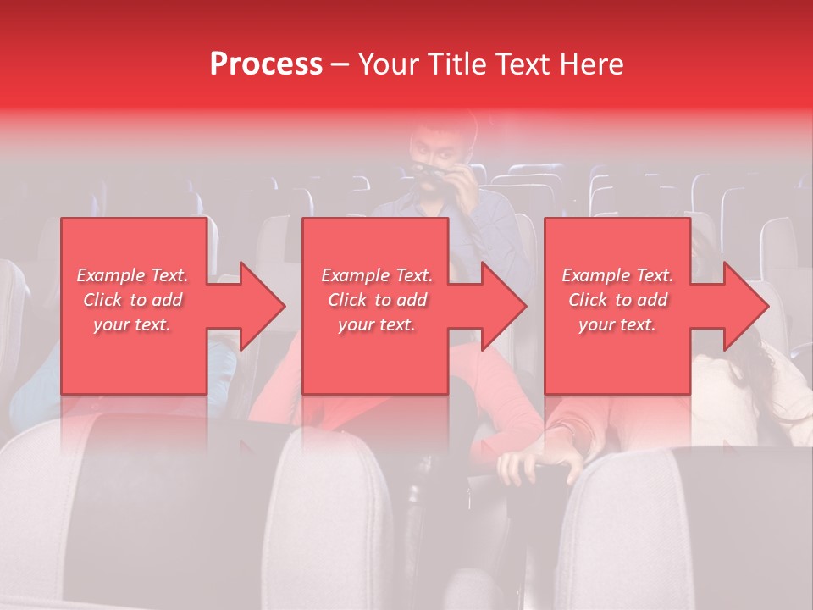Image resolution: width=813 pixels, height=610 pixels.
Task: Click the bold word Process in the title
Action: (266, 64)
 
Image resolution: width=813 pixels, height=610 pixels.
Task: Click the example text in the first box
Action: (132, 300)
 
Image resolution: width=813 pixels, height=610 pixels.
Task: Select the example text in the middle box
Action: (377, 300)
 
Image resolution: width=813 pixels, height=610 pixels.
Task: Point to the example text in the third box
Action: (617, 300)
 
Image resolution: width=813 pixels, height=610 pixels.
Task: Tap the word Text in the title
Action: (517, 64)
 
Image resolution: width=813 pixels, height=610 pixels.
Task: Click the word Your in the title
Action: (386, 64)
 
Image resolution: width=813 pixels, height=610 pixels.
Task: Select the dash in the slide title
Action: (340, 64)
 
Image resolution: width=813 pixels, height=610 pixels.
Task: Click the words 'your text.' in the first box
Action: (132, 324)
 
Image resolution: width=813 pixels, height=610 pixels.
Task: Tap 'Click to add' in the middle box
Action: (377, 300)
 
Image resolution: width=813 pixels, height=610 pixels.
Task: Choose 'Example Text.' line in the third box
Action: (617, 275)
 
